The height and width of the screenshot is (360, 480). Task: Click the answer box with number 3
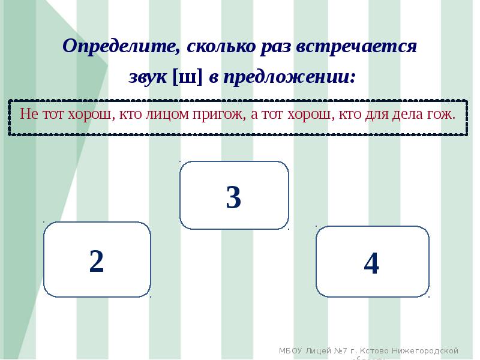pyautogui.click(x=234, y=196)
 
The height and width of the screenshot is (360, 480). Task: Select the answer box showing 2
pyautogui.click(x=97, y=260)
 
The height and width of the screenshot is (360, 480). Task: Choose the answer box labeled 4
pyautogui.click(x=372, y=262)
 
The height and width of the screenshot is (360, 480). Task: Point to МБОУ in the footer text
pyautogui.click(x=292, y=350)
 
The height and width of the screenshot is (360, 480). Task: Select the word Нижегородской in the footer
pyautogui.click(x=426, y=350)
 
